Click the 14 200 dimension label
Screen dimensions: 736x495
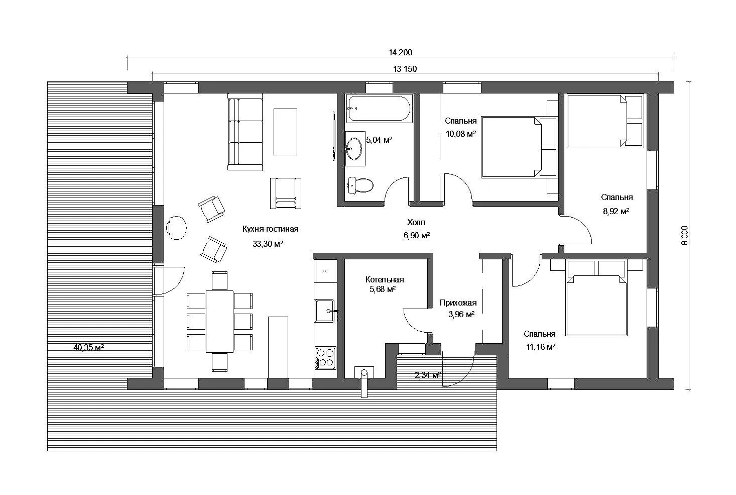400,52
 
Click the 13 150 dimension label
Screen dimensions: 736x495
405,69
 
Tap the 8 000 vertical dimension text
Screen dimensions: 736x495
684,236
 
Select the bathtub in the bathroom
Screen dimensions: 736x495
379,108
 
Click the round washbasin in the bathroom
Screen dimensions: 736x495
354,149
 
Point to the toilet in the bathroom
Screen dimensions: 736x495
360,185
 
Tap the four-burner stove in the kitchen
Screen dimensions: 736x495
325,358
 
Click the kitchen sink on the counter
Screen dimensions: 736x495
325,311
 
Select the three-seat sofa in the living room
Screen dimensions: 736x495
245,132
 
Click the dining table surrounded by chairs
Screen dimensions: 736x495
219,321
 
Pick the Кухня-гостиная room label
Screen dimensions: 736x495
271,229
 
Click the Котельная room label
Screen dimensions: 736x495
385,279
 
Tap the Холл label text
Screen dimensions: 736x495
416,222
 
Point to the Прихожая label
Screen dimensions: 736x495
458,303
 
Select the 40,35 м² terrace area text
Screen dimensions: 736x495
89,347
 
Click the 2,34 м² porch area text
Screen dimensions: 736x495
428,375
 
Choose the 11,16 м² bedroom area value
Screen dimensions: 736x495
541,347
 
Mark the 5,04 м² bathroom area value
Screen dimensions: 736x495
379,140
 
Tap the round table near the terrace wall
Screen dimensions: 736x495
176,228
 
